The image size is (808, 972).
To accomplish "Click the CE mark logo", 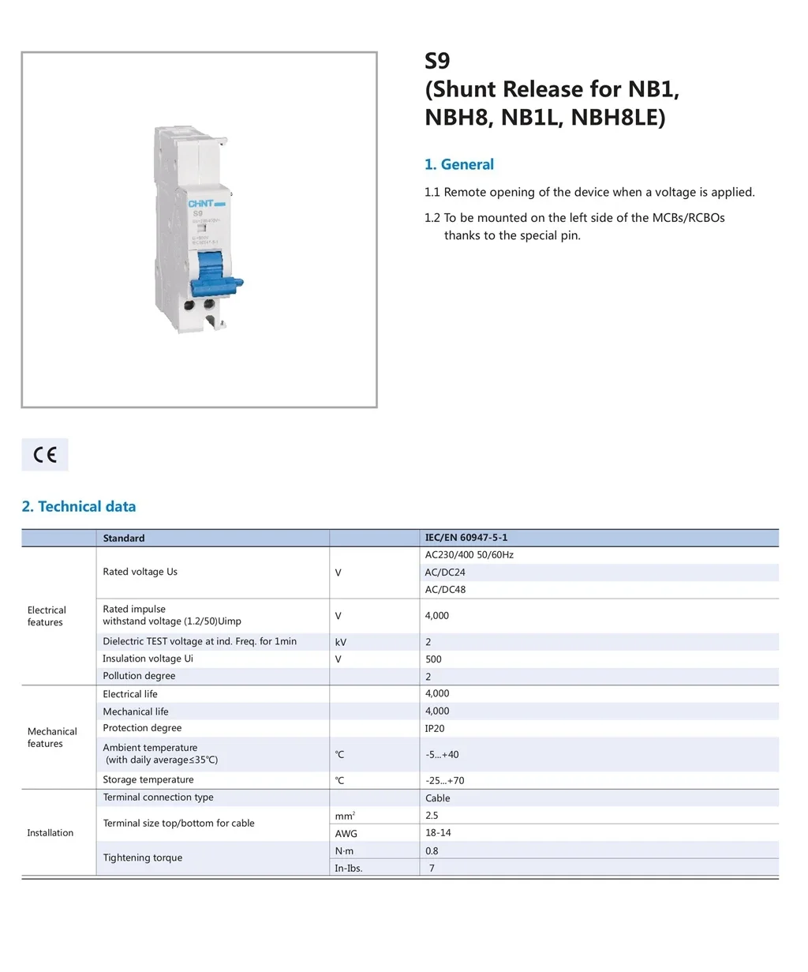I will [45, 455].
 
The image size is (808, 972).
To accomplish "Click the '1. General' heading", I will [459, 164].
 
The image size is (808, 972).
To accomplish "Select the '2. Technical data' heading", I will [79, 507].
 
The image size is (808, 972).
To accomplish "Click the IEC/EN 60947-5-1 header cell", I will [466, 538].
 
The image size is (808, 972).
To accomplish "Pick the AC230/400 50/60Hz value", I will [469, 555].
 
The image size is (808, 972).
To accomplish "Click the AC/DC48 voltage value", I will [445, 590].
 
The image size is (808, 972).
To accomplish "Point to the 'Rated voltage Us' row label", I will [140, 572].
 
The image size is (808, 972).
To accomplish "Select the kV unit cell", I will [341, 642].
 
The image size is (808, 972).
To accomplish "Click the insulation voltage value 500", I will [433, 659].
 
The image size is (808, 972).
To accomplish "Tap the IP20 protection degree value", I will [435, 729].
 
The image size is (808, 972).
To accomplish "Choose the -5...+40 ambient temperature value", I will [442, 755].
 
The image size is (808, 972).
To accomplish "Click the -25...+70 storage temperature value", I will [445, 781].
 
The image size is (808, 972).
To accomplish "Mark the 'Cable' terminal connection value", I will [438, 798].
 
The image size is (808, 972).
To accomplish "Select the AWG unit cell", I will [346, 834].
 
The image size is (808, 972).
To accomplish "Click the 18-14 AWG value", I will [438, 833].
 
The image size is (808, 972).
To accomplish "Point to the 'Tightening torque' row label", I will [143, 858].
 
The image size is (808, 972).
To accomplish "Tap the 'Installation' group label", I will [50, 833].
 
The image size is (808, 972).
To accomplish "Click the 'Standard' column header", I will [124, 539].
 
